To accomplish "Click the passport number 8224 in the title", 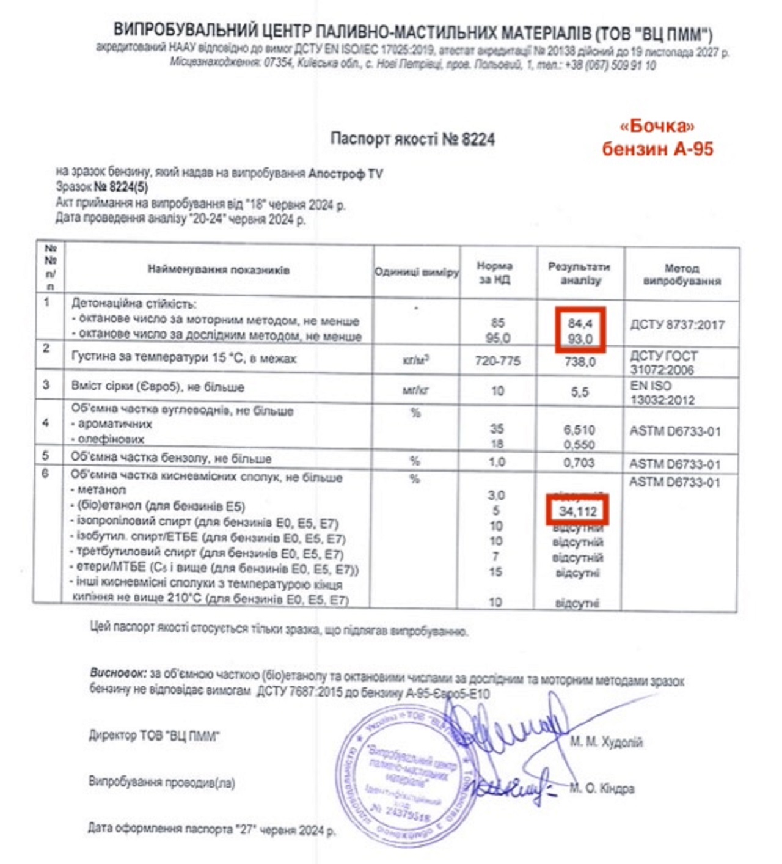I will (478, 139).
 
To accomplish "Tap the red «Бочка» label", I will (657, 126).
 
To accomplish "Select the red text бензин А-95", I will (657, 148).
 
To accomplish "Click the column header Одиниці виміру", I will (416, 273).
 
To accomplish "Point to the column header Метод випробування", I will (681, 274).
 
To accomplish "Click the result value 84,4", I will (580, 323).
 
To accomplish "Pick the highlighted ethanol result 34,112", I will (577, 511).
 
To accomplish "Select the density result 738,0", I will (580, 362).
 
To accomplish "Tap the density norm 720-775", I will (497, 361).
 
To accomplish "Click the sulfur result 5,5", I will (580, 392).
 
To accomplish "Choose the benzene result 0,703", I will (579, 463).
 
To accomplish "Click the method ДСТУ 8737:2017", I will (677, 324).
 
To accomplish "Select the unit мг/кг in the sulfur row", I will (416, 390).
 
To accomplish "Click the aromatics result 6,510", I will (579, 430).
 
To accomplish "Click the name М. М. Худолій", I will (606, 742).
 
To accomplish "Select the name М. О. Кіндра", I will (602, 789).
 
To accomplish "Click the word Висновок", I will (118, 673).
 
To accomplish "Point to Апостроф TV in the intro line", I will (345, 174).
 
